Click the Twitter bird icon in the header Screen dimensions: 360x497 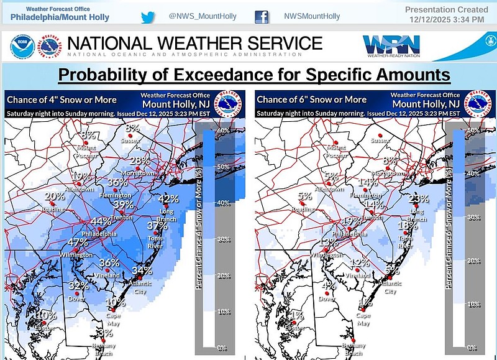point(148,17)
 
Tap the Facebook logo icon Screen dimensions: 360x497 point(261,17)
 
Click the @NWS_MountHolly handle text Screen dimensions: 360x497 point(203,16)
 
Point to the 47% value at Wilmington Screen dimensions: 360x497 point(78,242)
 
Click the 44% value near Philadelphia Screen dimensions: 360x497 point(101,221)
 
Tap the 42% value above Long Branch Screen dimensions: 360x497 point(168,200)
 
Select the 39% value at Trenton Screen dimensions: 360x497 point(124,204)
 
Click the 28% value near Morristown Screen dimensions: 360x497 point(140,160)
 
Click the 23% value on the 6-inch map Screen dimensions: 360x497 point(419,199)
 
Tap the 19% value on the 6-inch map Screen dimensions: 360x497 point(352,221)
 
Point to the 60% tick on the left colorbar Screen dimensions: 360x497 point(224,131)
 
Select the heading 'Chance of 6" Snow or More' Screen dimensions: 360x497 point(311,99)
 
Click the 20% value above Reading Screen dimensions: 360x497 point(55,196)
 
